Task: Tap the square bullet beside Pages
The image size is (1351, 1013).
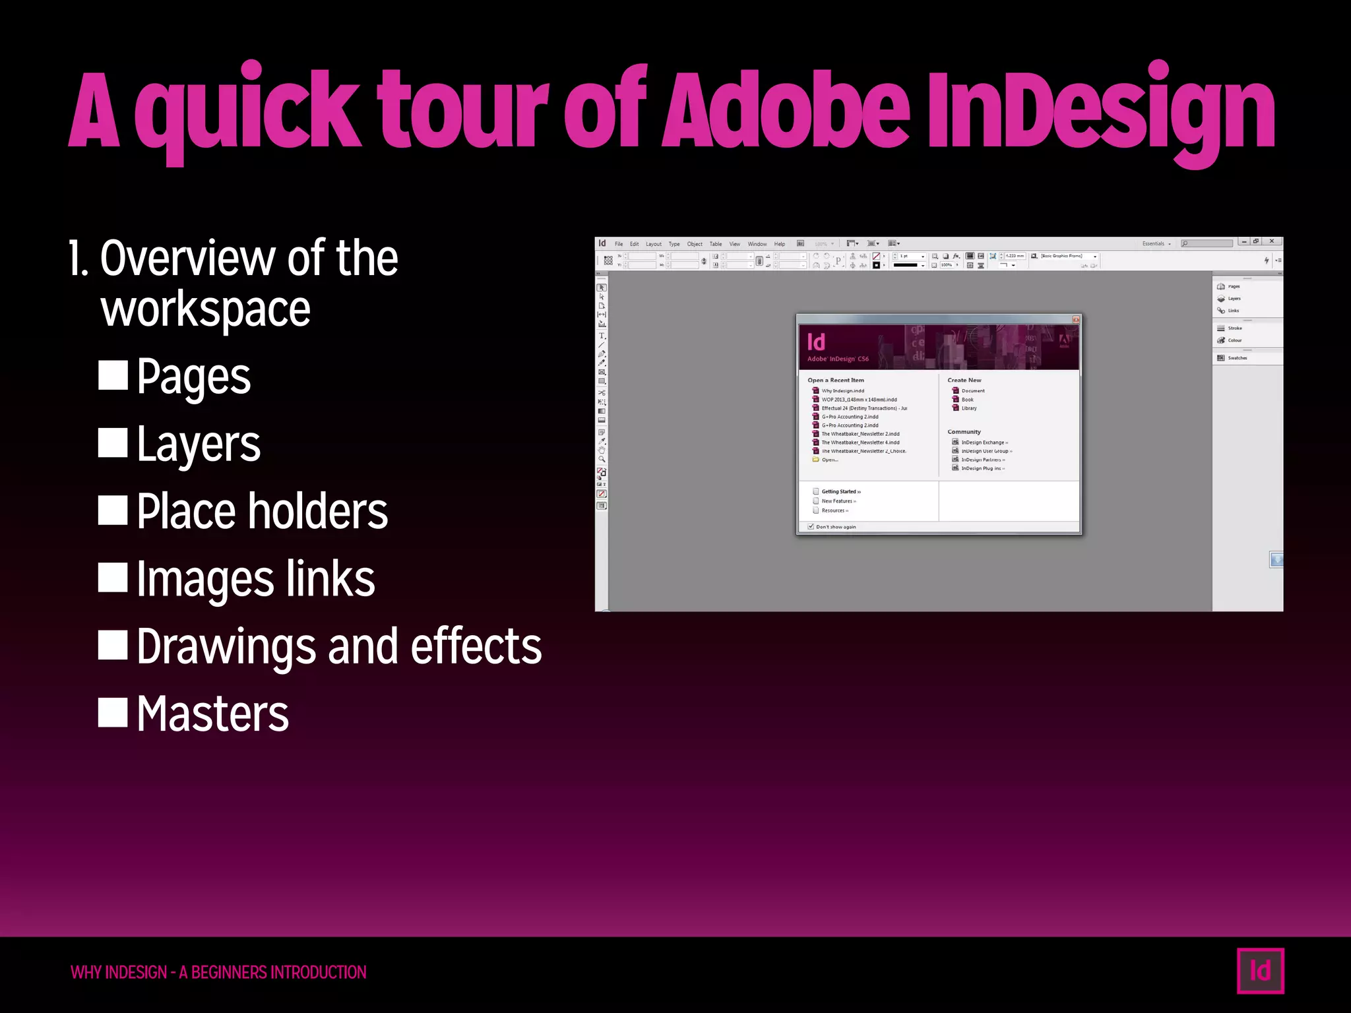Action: (113, 375)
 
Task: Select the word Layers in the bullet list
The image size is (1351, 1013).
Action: (199, 445)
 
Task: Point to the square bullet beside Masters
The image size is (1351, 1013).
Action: (113, 712)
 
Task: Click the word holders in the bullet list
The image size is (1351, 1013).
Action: (317, 512)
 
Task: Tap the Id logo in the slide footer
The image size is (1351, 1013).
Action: (1260, 970)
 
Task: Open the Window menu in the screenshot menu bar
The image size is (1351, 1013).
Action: (757, 244)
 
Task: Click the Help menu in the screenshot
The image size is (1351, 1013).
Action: (780, 244)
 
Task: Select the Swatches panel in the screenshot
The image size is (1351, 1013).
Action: (1237, 358)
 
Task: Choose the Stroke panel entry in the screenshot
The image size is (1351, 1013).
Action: (1234, 328)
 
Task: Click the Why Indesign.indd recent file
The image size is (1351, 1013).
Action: (842, 390)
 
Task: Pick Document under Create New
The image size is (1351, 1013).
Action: (972, 390)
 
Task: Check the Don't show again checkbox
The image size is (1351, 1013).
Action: (811, 526)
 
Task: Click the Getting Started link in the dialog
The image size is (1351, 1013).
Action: (840, 491)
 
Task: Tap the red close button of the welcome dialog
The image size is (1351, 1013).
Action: (1075, 319)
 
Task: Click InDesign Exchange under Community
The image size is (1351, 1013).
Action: (983, 443)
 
